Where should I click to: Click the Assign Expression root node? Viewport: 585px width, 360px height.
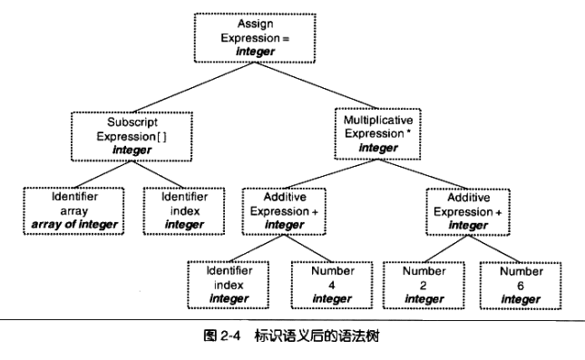coord(256,37)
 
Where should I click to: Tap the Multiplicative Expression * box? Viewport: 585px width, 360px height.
coord(378,133)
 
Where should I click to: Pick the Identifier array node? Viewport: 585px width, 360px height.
coord(72,209)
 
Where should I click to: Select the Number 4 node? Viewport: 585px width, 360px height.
coord(325,284)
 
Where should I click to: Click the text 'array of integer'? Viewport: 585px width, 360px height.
coord(72,224)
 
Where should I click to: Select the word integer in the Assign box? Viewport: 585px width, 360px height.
coord(256,52)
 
